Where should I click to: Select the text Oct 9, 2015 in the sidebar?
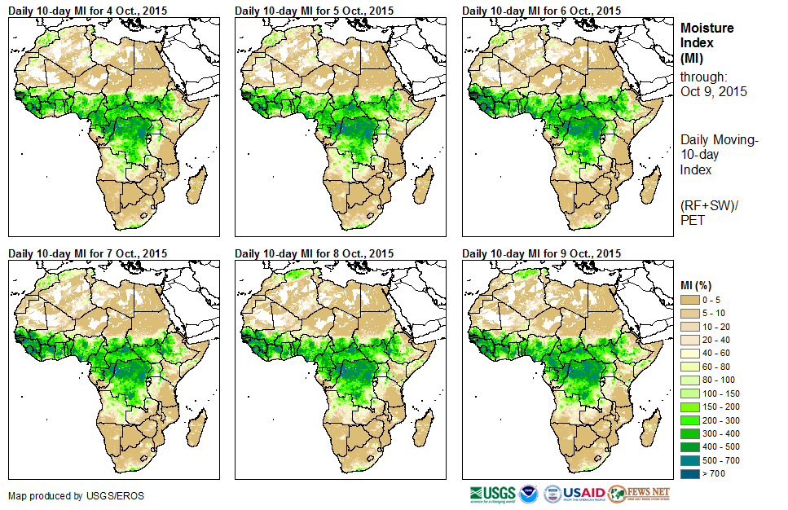coord(713,91)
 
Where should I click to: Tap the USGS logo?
coord(492,494)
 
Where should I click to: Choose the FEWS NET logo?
coord(640,494)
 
